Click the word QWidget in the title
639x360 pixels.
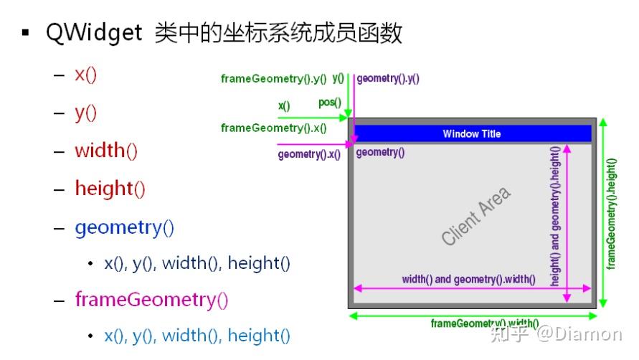pyautogui.click(x=94, y=34)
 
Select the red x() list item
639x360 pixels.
pyautogui.click(x=85, y=75)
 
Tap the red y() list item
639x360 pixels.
pyautogui.click(x=85, y=113)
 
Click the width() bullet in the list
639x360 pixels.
pyautogui.click(x=106, y=151)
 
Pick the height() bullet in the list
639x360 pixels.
pyautogui.click(x=110, y=189)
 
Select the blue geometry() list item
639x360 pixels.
pyautogui.click(x=124, y=227)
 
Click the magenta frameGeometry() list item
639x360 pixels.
pyautogui.click(x=151, y=299)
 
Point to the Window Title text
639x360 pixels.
pyautogui.click(x=471, y=134)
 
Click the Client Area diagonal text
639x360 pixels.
pyautogui.click(x=476, y=216)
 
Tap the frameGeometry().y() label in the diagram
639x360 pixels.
pyautogui.click(x=273, y=79)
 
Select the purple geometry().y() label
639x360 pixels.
pyautogui.click(x=388, y=79)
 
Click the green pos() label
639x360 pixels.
pyautogui.click(x=330, y=103)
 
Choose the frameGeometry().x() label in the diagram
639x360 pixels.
pyautogui.click(x=273, y=128)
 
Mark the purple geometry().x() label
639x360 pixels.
pyautogui.click(x=309, y=154)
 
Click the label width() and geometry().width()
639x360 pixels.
pyautogui.click(x=468, y=280)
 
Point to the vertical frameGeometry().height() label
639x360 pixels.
pyautogui.click(x=611, y=214)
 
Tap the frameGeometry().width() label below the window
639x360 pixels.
pyautogui.click(x=485, y=323)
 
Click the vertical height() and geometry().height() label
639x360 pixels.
pyautogui.click(x=555, y=217)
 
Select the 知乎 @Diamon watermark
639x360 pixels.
pyautogui.click(x=564, y=333)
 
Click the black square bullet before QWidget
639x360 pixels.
pyautogui.click(x=26, y=33)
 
